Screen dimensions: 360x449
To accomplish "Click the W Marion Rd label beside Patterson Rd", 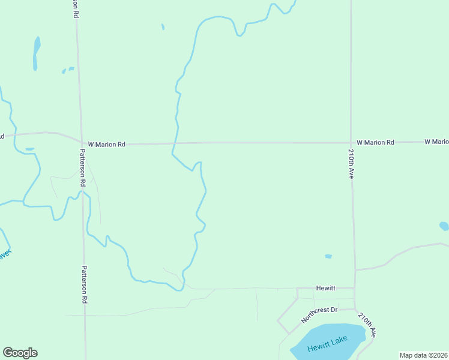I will click(x=106, y=144).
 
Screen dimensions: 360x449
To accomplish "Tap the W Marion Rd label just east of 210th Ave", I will click(x=375, y=142).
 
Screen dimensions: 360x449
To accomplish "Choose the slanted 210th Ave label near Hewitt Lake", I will click(x=366, y=324).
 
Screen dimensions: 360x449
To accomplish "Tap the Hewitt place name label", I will click(x=327, y=288).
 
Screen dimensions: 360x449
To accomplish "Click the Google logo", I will click(x=20, y=353).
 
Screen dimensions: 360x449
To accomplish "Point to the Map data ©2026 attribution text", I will click(x=424, y=355).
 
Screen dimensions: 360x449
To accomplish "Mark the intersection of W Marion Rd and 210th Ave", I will click(x=351, y=143).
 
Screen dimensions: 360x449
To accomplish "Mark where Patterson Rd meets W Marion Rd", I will click(x=82, y=144).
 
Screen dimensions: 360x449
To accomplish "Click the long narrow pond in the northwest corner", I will click(x=36, y=52).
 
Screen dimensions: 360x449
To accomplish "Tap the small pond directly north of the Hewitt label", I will click(x=328, y=256).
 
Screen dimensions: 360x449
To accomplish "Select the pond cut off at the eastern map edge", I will click(x=444, y=226).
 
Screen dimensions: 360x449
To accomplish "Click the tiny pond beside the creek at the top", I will click(x=163, y=26).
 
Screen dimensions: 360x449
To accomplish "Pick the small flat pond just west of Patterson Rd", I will click(x=30, y=149).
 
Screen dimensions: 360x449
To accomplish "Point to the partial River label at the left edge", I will click(x=5, y=254).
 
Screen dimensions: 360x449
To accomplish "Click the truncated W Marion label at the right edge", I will click(x=436, y=142).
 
